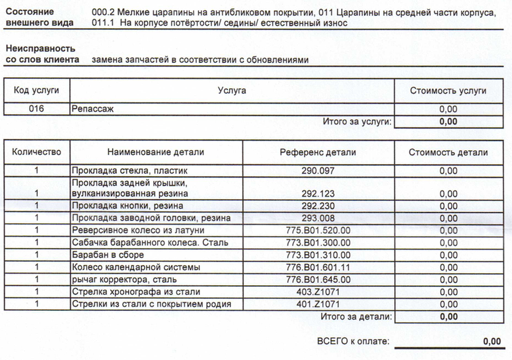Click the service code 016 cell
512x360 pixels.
pos(36,109)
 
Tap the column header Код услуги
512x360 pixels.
pos(36,90)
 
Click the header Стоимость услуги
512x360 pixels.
pos(448,90)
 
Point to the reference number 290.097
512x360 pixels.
pos(318,170)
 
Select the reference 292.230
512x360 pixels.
pos(318,206)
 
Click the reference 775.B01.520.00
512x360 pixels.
pos(318,230)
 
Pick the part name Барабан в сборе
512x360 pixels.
pos(107,255)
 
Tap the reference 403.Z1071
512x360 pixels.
pos(318,292)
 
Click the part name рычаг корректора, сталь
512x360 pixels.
pos(124,279)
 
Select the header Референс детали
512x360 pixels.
pos(318,152)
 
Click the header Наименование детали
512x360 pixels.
pos(155,152)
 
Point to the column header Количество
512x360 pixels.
pos(36,152)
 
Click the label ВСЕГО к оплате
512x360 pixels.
pos(353,341)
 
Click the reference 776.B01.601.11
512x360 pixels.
pos(318,267)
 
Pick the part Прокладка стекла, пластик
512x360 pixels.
pos(129,170)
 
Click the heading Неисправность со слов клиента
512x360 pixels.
pos(41,54)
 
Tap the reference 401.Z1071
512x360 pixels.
pos(318,304)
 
